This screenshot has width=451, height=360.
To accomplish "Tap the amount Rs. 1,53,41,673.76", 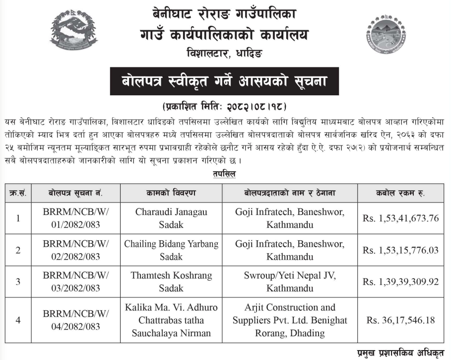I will pos(401,218).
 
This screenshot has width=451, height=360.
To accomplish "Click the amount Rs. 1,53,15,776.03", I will pos(401,250).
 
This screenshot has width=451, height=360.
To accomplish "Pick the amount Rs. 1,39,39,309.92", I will pos(401,282).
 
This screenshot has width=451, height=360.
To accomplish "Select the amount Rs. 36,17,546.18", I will pos(401,321).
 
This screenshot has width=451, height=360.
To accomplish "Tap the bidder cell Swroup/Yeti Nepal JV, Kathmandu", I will pos(290,282).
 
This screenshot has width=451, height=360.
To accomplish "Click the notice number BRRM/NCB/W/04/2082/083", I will pos(76,320).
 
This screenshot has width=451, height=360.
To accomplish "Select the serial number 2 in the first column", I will pos(18,250).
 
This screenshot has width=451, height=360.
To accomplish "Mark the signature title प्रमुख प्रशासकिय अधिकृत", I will pos(399,354).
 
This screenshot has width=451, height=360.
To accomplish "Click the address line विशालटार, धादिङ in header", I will pos(225,52).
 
